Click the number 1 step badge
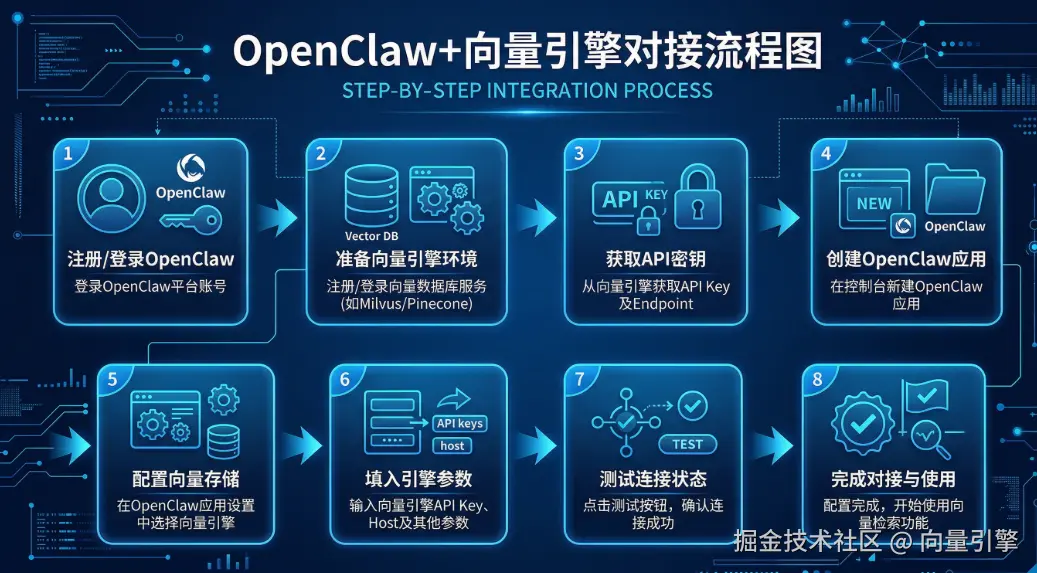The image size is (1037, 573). (x=66, y=154)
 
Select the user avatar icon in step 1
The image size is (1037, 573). (x=111, y=198)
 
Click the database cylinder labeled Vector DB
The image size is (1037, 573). (x=372, y=196)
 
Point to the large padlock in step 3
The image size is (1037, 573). (x=697, y=197)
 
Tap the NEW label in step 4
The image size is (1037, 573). (x=874, y=204)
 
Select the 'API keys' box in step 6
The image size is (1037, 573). (x=460, y=423)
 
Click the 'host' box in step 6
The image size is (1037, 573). (x=452, y=445)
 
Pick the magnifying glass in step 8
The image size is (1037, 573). (x=931, y=440)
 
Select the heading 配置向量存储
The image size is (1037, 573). (x=186, y=478)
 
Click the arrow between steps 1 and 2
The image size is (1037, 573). (x=277, y=218)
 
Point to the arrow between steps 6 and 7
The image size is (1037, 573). (x=536, y=445)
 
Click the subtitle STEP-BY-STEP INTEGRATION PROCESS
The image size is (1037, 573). (x=527, y=89)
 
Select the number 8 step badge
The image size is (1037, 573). (x=817, y=380)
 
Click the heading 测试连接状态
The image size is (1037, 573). (x=653, y=478)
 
